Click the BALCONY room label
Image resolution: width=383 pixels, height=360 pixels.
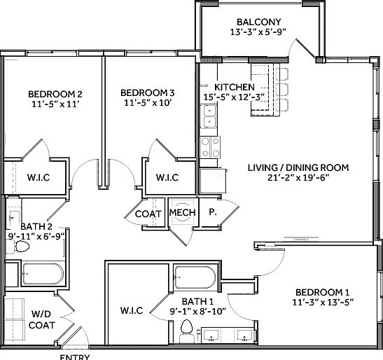pyautogui.click(x=258, y=22)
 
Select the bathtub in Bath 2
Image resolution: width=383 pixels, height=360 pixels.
pyautogui.click(x=43, y=274)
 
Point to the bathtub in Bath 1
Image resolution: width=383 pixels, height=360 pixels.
pyautogui.click(x=195, y=277)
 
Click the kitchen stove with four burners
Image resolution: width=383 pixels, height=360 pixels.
pyautogui.click(x=210, y=147)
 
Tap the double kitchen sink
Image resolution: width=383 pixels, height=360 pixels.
pyautogui.click(x=209, y=116)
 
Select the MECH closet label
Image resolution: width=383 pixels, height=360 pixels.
pyautogui.click(x=183, y=212)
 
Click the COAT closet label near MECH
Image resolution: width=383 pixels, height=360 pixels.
pyautogui.click(x=148, y=214)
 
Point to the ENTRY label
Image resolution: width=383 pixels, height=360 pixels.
pyautogui.click(x=75, y=357)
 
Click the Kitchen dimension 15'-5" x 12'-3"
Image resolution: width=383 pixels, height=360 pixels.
pyautogui.click(x=234, y=97)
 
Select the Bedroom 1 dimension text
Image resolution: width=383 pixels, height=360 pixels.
pyautogui.click(x=323, y=303)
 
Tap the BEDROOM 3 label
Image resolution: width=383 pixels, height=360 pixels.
pyautogui.click(x=148, y=93)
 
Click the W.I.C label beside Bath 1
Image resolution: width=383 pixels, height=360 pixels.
pyautogui.click(x=132, y=311)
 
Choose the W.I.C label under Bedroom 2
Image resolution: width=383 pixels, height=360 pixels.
pyautogui.click(x=39, y=177)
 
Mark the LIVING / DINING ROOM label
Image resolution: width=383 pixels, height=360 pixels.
pyautogui.click(x=298, y=167)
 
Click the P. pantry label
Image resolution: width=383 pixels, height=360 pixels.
pyautogui.click(x=213, y=212)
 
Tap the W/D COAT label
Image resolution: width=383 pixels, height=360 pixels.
pyautogui.click(x=41, y=319)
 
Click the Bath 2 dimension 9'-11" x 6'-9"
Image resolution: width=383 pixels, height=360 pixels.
pyautogui.click(x=36, y=237)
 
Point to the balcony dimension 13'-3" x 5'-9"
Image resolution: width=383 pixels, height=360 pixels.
pyautogui.click(x=258, y=32)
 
